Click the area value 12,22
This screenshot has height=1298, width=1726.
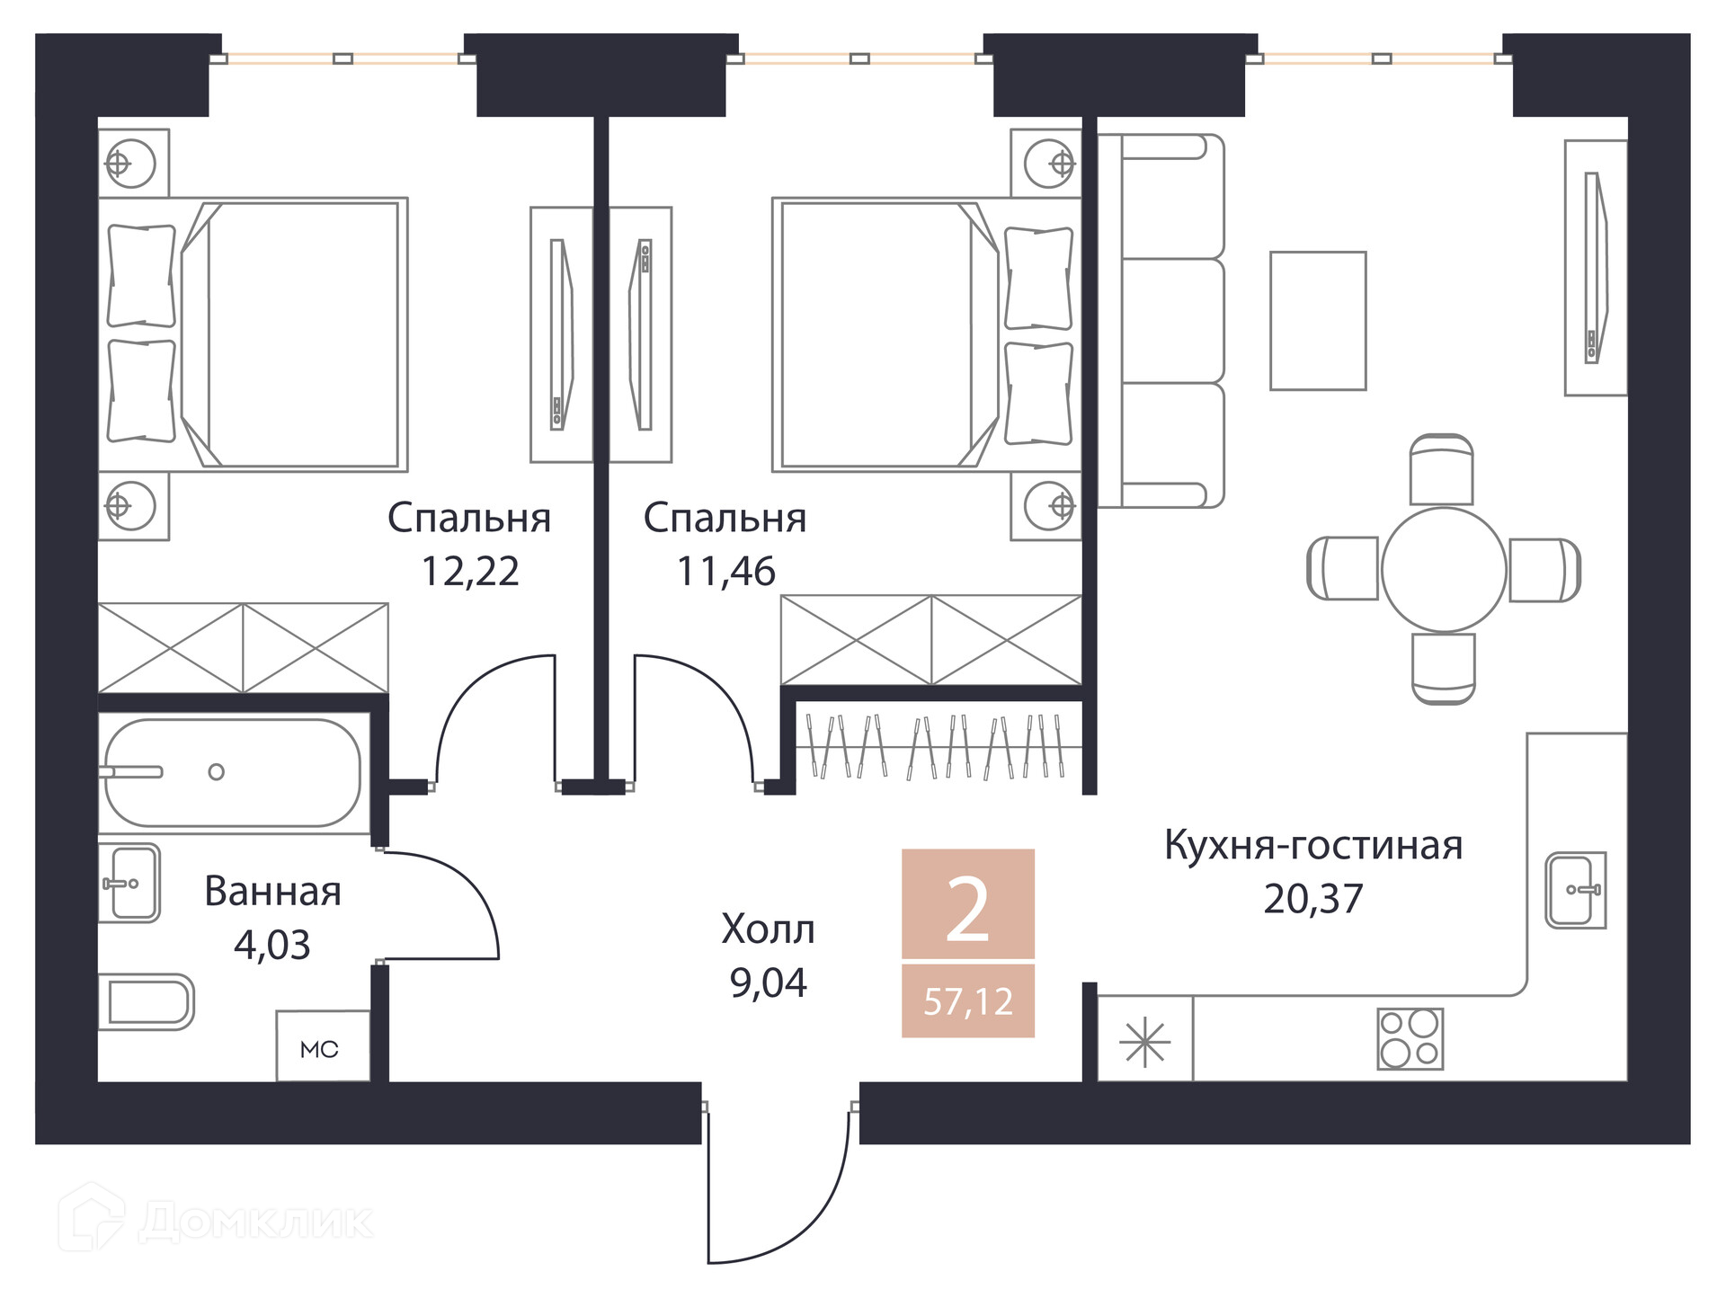tap(470, 572)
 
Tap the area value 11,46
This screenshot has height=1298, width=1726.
tap(725, 572)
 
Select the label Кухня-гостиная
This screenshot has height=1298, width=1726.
tap(1312, 846)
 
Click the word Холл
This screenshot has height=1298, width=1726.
tap(768, 930)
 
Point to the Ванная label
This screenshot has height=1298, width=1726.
tap(272, 892)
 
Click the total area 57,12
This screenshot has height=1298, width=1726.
tap(968, 1001)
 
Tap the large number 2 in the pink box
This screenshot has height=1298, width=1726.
tap(968, 911)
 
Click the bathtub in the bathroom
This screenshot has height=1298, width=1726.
tap(233, 772)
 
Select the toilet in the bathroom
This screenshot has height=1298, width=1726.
tap(148, 1001)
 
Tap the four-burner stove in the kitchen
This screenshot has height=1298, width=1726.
tap(1410, 1038)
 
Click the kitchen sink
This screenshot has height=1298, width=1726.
tap(1575, 890)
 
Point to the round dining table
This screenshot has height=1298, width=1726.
tap(1443, 569)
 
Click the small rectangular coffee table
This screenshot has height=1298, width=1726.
tap(1317, 321)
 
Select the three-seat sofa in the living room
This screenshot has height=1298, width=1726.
tap(1161, 321)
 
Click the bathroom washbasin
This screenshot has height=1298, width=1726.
tap(129, 883)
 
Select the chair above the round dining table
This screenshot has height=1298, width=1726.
tap(1441, 469)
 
